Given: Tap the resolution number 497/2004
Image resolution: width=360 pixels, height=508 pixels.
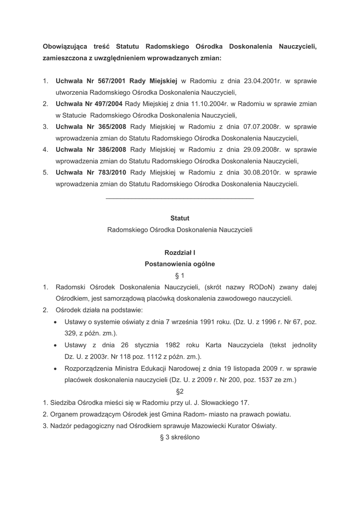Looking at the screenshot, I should pyautogui.click(x=105, y=104).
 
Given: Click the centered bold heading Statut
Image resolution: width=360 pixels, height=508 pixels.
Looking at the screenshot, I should pyautogui.click(x=180, y=218).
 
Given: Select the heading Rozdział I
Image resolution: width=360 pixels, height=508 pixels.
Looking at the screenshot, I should pyautogui.click(x=180, y=253).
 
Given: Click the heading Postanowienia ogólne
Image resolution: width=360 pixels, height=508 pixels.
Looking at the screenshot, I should pyautogui.click(x=180, y=264).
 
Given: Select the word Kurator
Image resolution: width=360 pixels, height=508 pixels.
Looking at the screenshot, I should pyautogui.click(x=232, y=426).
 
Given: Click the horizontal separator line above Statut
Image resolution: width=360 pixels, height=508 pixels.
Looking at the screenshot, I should pyautogui.click(x=180, y=199).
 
